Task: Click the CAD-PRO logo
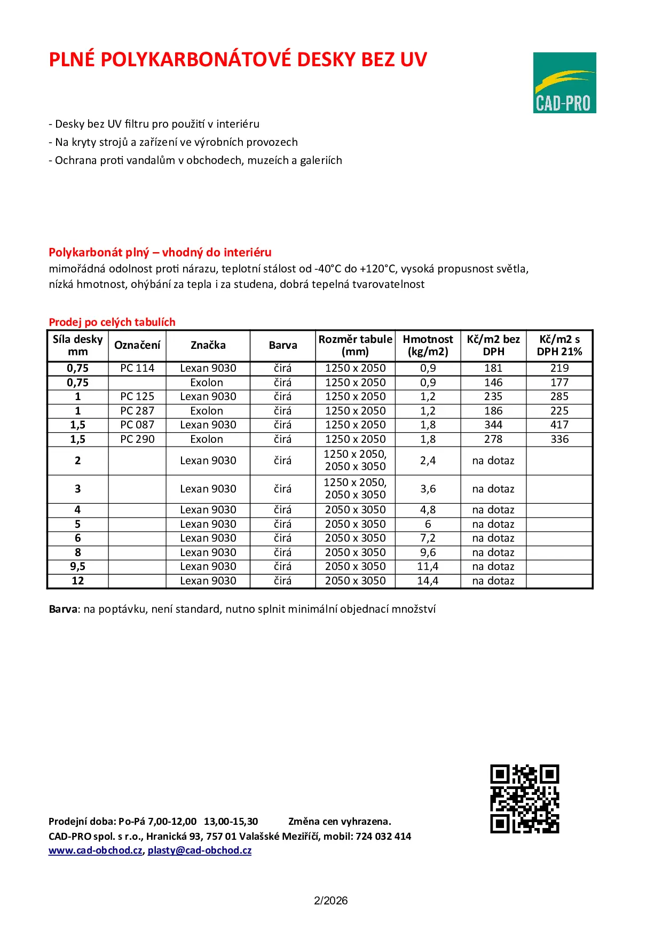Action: (564, 83)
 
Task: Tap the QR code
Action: (524, 799)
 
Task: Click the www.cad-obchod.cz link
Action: (96, 850)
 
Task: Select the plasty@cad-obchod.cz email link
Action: (200, 850)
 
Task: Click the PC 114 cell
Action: (137, 368)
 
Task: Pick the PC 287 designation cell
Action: (137, 411)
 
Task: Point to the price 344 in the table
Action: (493, 425)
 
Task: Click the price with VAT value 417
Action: (559, 425)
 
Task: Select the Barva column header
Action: (283, 345)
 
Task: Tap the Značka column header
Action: (208, 345)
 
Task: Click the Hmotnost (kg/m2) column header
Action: (428, 345)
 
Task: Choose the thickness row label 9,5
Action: (78, 566)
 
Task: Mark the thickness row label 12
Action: (78, 581)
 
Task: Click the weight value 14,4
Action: (428, 581)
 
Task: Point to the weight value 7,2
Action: (428, 538)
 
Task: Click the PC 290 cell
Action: (137, 439)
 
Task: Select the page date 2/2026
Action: (330, 901)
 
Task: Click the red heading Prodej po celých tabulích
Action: (112, 322)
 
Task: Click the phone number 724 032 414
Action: (383, 837)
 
